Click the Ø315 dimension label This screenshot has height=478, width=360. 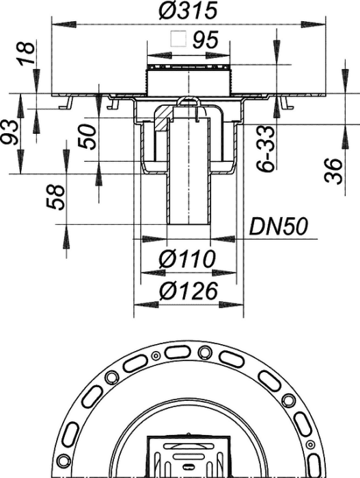(188, 10)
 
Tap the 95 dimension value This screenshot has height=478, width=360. (206, 40)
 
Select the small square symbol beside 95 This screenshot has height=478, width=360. (178, 39)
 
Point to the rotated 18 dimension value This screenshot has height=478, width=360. (26, 53)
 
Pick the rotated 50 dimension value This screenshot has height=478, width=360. (86, 137)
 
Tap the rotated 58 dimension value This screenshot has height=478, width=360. (56, 197)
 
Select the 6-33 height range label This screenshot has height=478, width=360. (265, 150)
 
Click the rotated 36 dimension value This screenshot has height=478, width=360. (333, 171)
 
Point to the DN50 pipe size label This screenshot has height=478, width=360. (279, 227)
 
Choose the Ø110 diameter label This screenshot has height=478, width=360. (187, 259)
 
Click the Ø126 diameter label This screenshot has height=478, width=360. (189, 290)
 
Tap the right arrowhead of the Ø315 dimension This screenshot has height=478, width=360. (314, 25)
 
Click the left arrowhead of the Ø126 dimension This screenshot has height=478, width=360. (146, 305)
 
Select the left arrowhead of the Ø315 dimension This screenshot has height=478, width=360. (64, 25)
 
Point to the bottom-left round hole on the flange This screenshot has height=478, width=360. (64, 458)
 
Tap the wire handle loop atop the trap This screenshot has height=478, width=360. (189, 104)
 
